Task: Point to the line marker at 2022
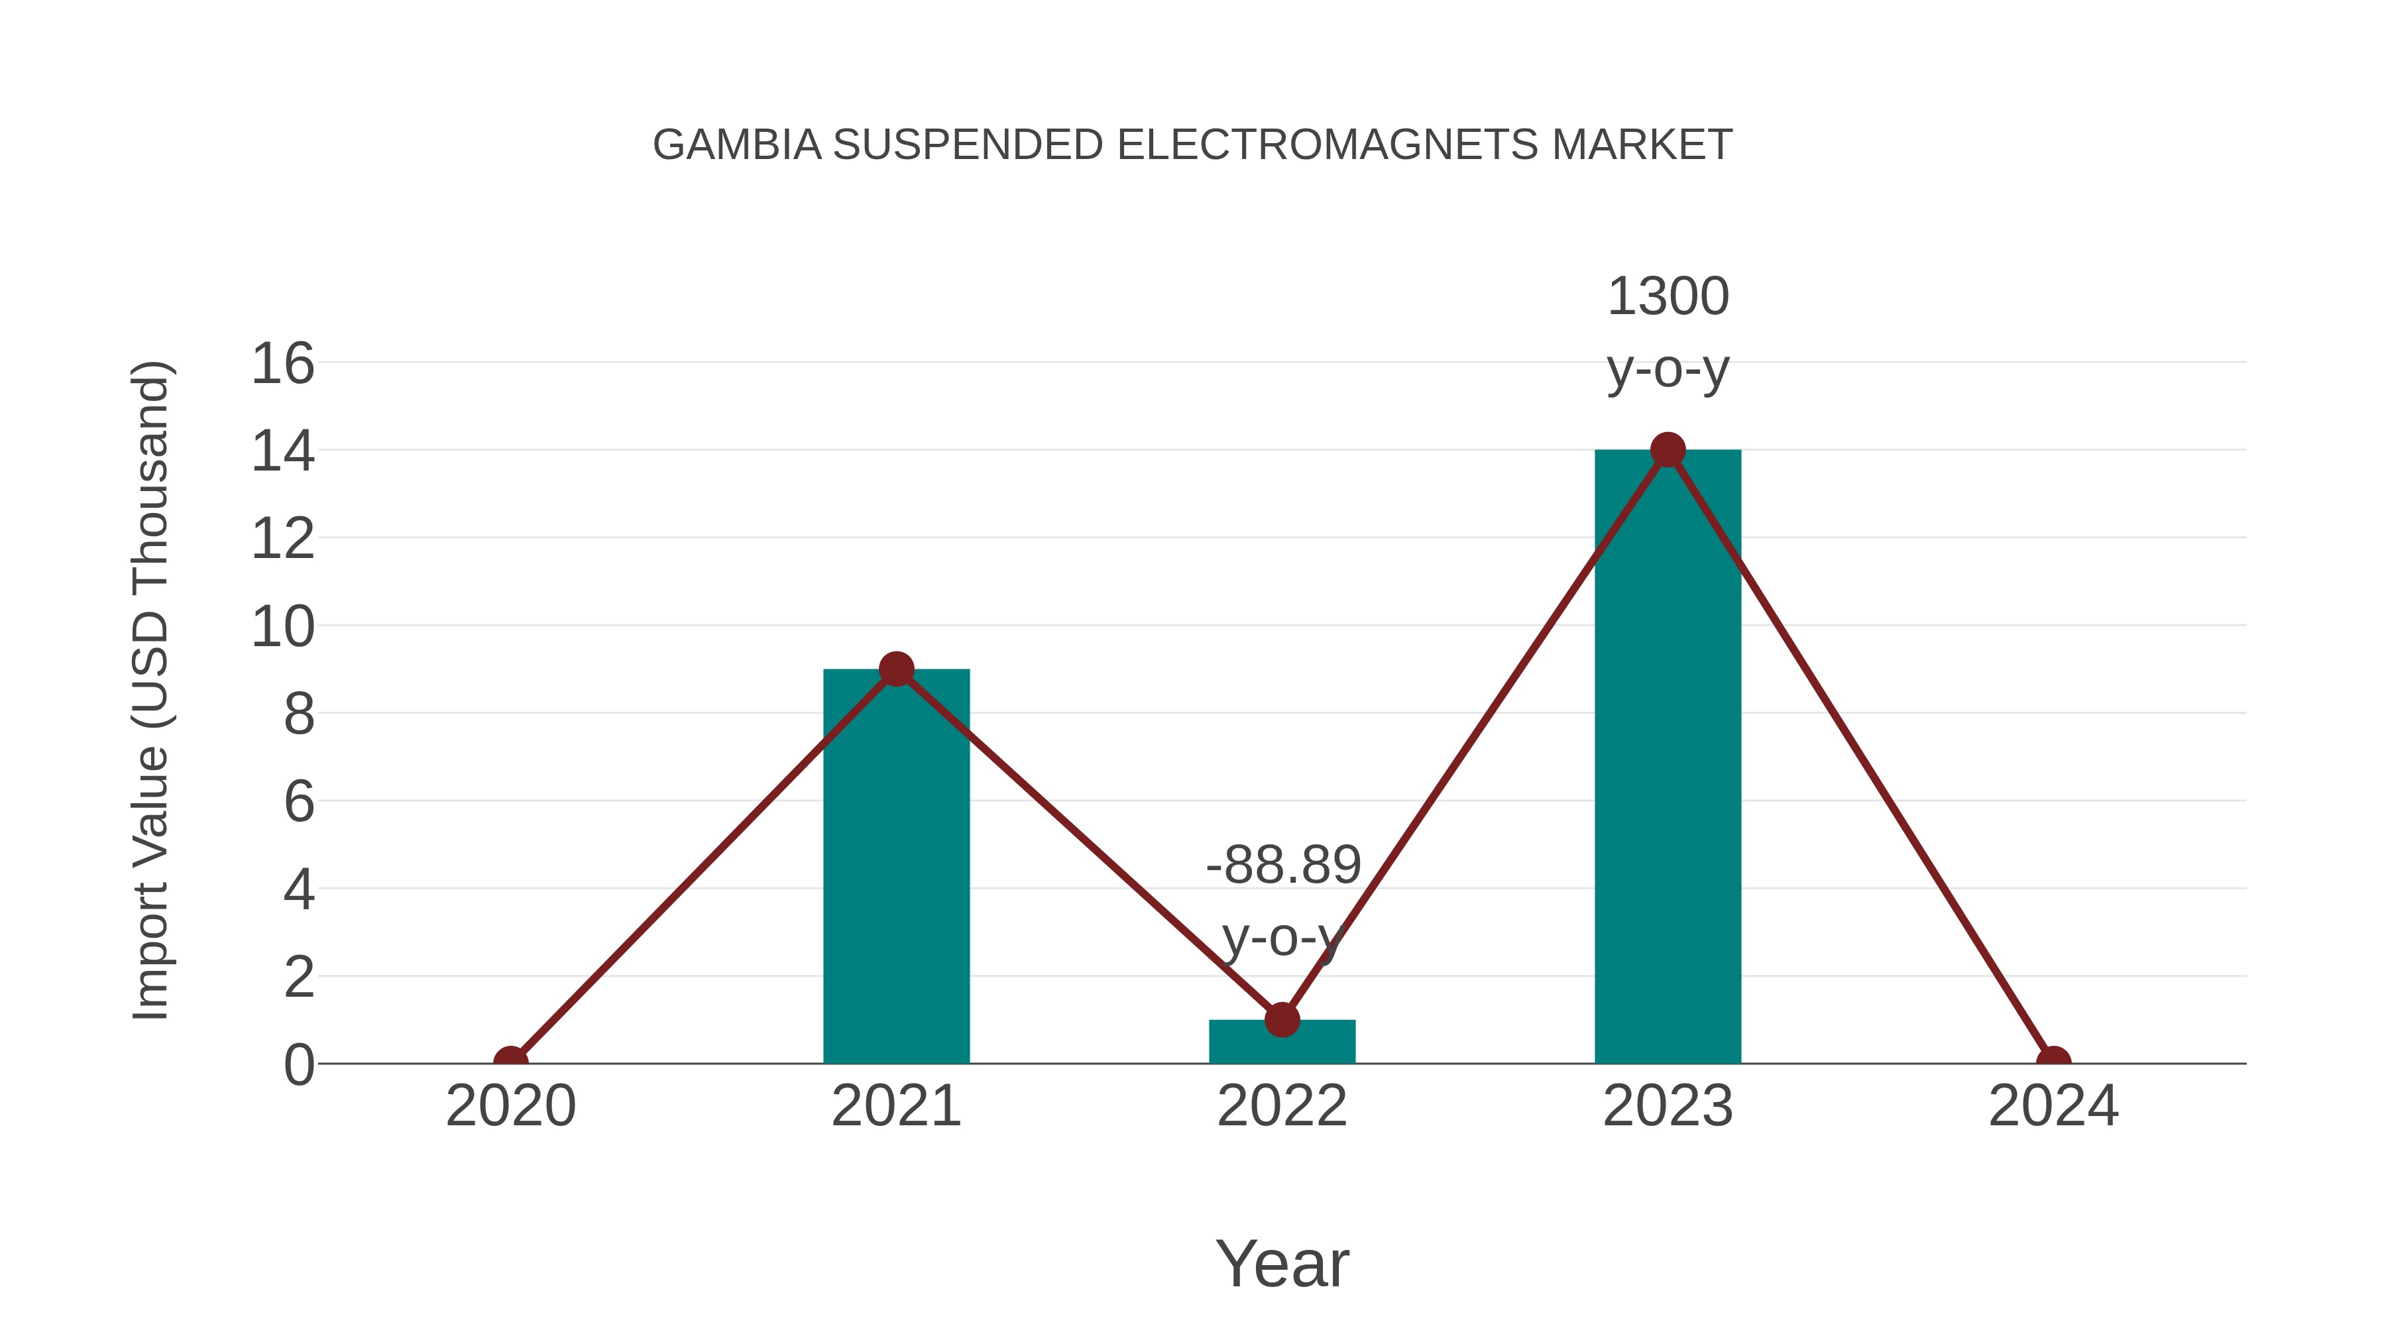(1282, 1020)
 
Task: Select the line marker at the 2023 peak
(1668, 450)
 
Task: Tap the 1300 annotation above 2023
(1668, 298)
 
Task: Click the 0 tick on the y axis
(298, 1065)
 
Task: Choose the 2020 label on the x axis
(510, 1107)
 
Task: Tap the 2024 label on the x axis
(2053, 1107)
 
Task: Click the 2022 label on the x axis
(1282, 1107)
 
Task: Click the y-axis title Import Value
(150, 690)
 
